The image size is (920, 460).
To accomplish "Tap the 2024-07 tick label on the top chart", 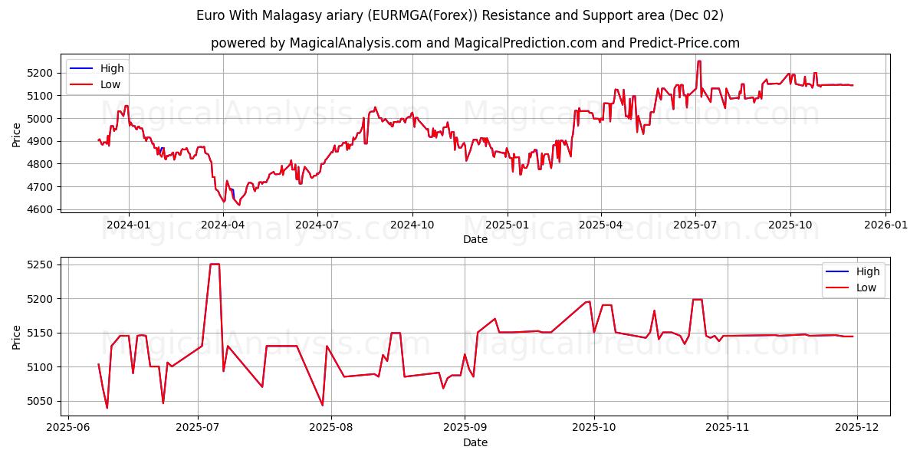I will [x=317, y=225].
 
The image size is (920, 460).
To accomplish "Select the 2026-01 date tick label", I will [x=886, y=225].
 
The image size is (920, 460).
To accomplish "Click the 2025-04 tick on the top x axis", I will [x=601, y=225].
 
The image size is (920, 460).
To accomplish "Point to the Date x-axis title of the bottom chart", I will [x=475, y=442].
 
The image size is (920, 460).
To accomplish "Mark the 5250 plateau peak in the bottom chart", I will [x=215, y=264].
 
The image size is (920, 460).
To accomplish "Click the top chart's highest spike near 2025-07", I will [x=698, y=61].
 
